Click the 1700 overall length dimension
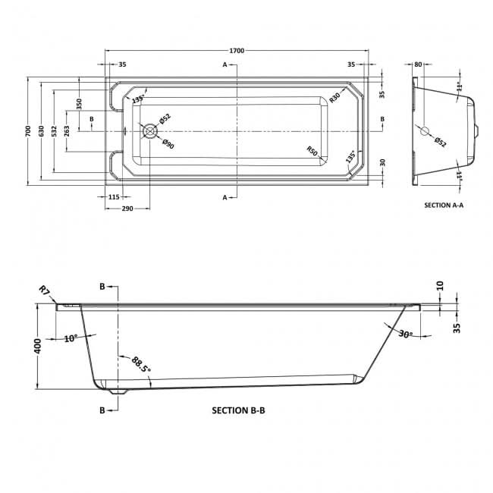pyautogui.click(x=237, y=51)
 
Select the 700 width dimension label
pyautogui.click(x=28, y=131)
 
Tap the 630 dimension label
pyautogui.click(x=41, y=131)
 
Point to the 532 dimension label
pyautogui.click(x=54, y=131)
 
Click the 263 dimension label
pyautogui.click(x=67, y=131)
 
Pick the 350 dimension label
pyautogui.click(x=79, y=104)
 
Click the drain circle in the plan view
pyautogui.click(x=149, y=131)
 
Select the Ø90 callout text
pyautogui.click(x=168, y=143)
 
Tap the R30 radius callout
pyautogui.click(x=334, y=98)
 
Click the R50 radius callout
pyautogui.click(x=312, y=151)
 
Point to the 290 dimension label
pyautogui.click(x=127, y=209)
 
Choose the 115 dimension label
pyautogui.click(x=114, y=197)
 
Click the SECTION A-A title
pyautogui.click(x=444, y=206)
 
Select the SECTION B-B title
pyautogui.click(x=238, y=410)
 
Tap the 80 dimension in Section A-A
pyautogui.click(x=418, y=64)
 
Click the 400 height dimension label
pyautogui.click(x=37, y=346)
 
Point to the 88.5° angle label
pyautogui.click(x=140, y=364)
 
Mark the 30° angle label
pyautogui.click(x=406, y=334)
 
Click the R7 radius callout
pyautogui.click(x=44, y=290)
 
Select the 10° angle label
pyautogui.click(x=71, y=338)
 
